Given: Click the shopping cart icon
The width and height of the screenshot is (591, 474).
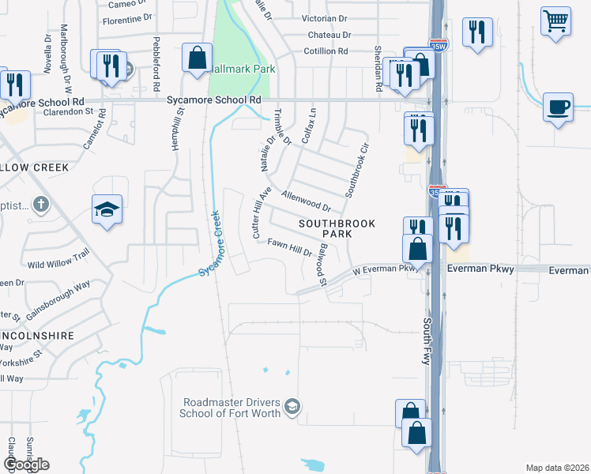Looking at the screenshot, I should pyautogui.click(x=556, y=21).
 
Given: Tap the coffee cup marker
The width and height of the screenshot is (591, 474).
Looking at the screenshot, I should pyautogui.click(x=558, y=107).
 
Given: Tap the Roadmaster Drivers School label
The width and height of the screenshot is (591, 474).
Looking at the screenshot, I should pyautogui.click(x=235, y=408).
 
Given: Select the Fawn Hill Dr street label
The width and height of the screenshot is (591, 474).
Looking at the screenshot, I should pyautogui.click(x=290, y=247).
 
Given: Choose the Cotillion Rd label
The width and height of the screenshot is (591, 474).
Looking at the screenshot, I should pyautogui.click(x=326, y=51).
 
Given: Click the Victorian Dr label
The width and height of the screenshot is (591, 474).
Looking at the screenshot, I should pyautogui.click(x=324, y=17).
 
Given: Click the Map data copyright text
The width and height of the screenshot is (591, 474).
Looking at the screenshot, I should pyautogui.click(x=557, y=468).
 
